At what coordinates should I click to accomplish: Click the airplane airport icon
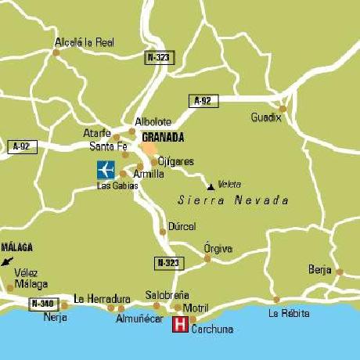tap(105, 168)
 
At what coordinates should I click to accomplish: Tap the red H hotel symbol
tap(180, 325)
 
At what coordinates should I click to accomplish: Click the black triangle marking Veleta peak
tap(210, 186)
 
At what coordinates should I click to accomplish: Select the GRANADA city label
tap(164, 137)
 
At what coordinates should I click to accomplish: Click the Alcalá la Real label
tap(85, 42)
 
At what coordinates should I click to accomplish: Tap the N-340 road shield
tap(44, 303)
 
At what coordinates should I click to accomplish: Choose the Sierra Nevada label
tap(233, 200)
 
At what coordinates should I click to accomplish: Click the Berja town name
tap(320, 269)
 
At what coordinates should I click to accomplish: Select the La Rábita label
tap(289, 313)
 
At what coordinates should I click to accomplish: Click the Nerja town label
tap(56, 319)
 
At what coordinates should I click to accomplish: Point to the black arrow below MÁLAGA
tap(8, 261)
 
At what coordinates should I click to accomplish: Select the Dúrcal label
tap(182, 226)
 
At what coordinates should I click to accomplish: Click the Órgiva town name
tap(218, 248)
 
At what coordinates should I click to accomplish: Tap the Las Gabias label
tap(117, 185)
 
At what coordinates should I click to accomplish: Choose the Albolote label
tap(153, 122)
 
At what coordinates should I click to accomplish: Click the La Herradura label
tap(101, 298)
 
